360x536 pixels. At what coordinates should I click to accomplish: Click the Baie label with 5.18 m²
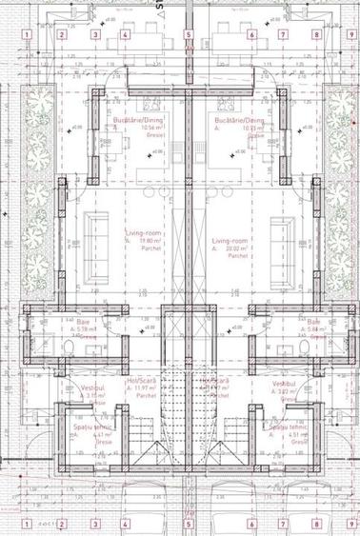point(70,322)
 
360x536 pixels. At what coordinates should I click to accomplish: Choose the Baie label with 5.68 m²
point(312,322)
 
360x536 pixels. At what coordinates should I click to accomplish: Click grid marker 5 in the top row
point(189,35)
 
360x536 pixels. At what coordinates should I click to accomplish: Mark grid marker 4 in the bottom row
point(125,523)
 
